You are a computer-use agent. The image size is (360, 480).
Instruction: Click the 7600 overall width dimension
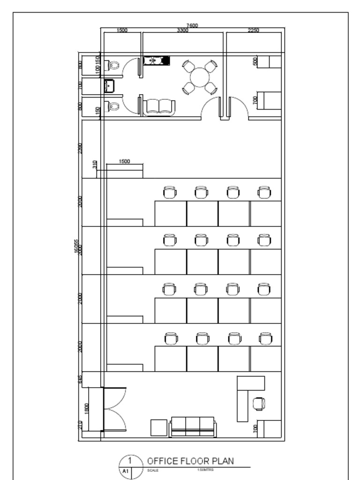[192, 25]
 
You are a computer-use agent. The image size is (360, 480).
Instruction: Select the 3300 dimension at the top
[183, 30]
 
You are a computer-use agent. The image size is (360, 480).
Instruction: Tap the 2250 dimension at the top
[254, 30]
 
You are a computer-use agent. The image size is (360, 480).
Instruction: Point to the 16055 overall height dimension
[77, 247]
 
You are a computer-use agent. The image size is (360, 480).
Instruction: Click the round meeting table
[200, 77]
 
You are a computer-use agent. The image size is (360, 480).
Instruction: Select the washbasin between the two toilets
[109, 86]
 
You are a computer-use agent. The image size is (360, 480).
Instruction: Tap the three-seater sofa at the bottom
[193, 426]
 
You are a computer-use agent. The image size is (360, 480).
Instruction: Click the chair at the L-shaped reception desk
[259, 403]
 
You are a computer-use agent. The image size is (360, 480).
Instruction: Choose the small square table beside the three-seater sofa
[158, 427]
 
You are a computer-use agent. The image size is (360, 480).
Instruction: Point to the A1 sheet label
[126, 471]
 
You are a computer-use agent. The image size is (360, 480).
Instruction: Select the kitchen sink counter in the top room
[156, 60]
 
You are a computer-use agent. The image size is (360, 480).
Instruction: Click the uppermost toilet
[113, 65]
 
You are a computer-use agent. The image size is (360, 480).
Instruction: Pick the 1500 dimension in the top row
[122, 30]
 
